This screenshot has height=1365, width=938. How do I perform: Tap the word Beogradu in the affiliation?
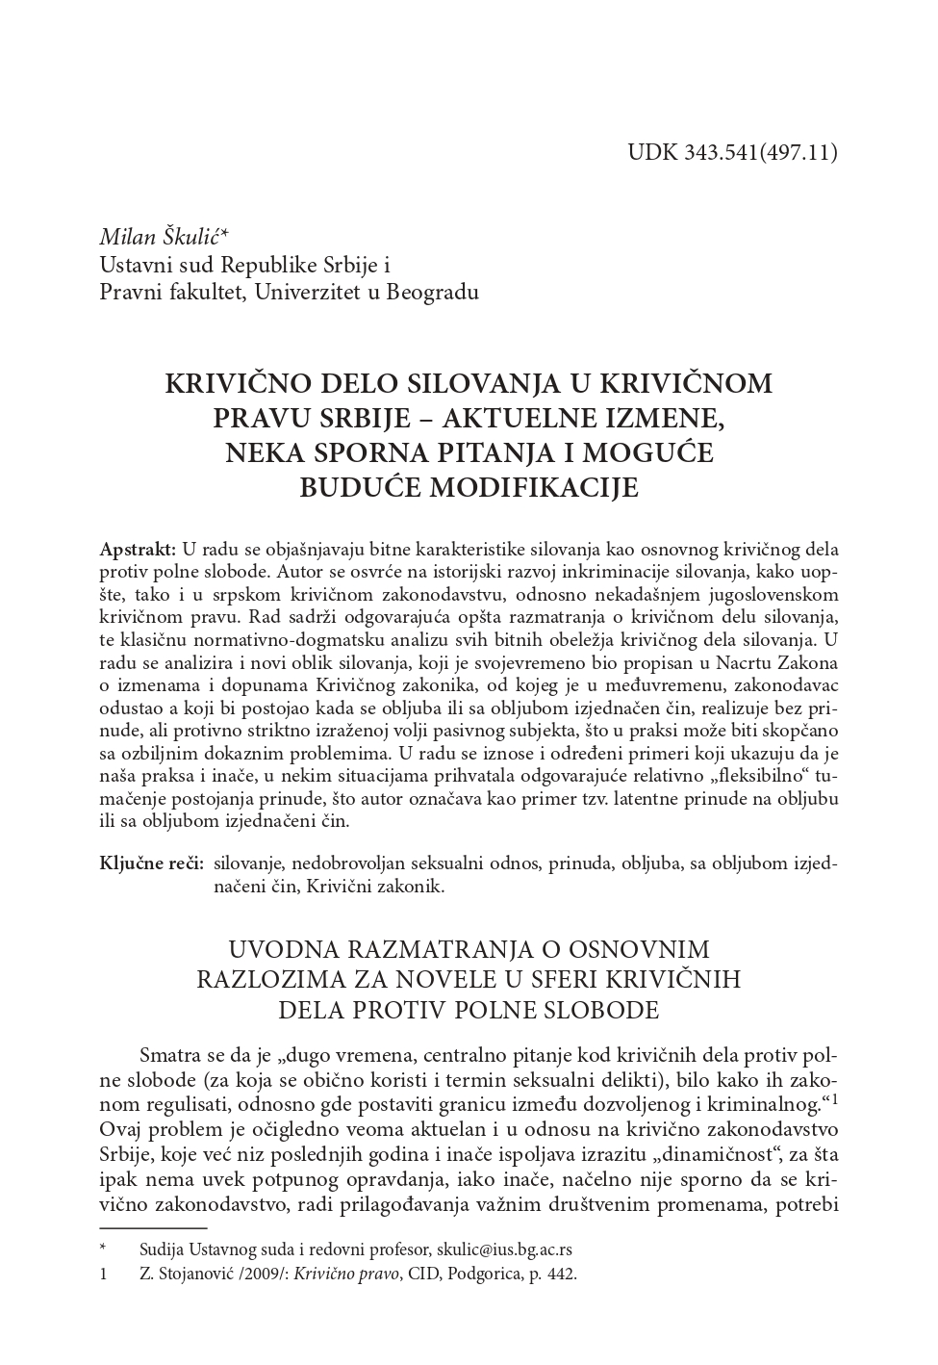(432, 292)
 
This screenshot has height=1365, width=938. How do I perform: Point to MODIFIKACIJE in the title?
(533, 487)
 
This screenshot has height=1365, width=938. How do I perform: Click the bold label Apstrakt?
(138, 549)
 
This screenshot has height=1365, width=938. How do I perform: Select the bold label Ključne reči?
(151, 863)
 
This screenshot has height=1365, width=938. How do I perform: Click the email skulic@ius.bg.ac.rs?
(504, 1249)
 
